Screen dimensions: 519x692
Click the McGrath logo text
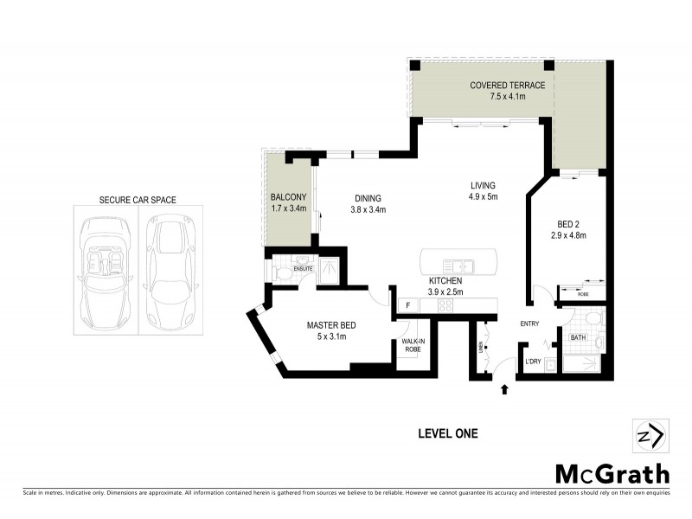612,474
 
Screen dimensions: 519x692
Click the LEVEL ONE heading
447,433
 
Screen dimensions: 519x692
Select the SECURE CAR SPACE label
138,200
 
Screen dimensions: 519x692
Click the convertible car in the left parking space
105,271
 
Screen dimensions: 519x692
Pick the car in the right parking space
170,271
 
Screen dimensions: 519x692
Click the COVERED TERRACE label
507,86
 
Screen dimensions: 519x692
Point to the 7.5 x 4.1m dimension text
507,97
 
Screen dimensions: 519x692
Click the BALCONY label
288,197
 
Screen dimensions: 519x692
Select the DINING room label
367,198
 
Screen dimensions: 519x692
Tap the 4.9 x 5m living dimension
483,196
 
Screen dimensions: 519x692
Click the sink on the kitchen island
456,265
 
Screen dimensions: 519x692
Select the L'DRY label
534,362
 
